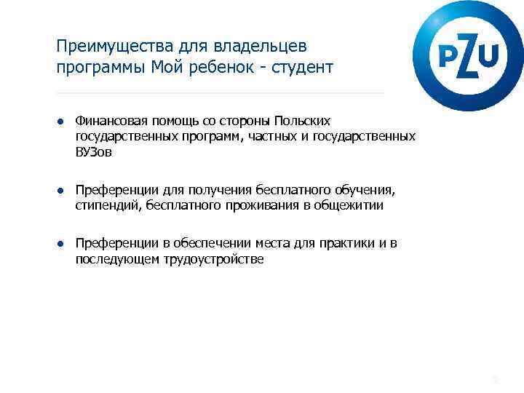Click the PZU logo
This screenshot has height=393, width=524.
468,55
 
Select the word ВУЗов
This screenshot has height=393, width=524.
95,153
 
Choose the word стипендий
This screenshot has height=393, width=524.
108,205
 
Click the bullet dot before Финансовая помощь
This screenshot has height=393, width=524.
62,120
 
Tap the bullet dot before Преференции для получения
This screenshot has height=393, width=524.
62,190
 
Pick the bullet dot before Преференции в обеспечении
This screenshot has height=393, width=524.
62,243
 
